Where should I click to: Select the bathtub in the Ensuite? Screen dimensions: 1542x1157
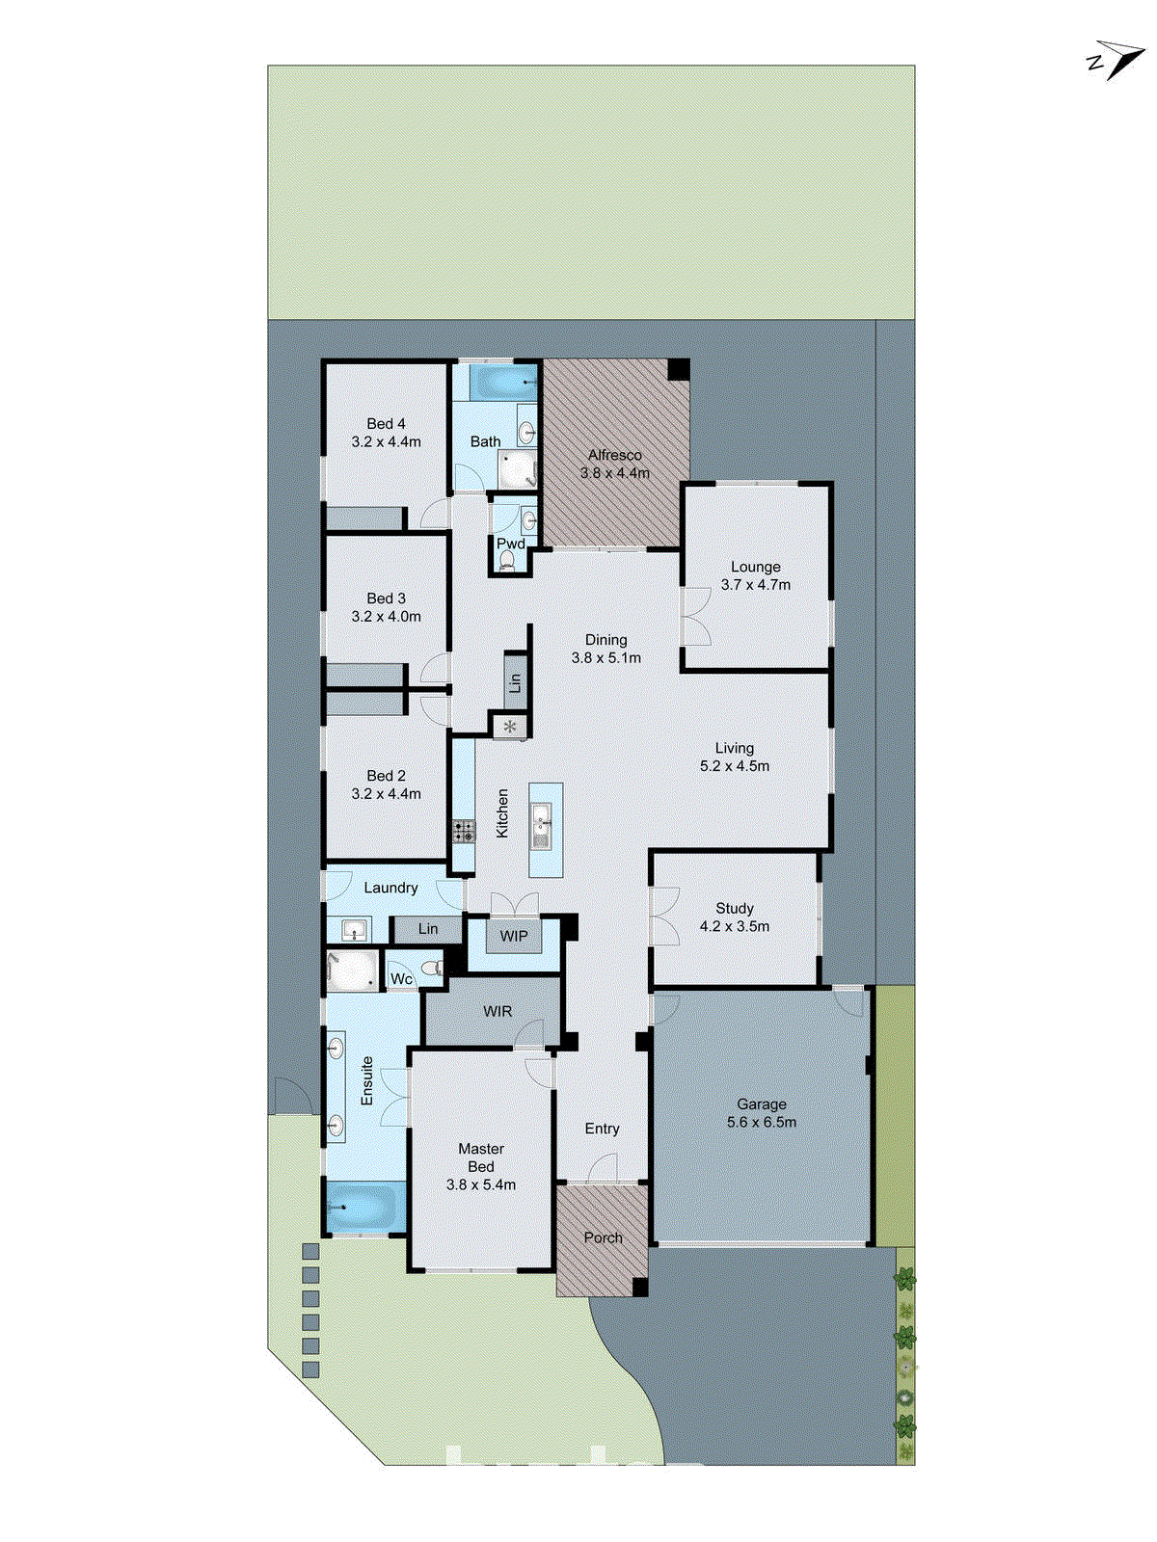pyautogui.click(x=363, y=1207)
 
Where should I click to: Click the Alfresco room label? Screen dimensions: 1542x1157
pyautogui.click(x=615, y=455)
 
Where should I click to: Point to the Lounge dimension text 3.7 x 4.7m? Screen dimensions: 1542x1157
pyautogui.click(x=756, y=585)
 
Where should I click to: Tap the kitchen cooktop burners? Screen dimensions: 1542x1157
pyautogui.click(x=464, y=831)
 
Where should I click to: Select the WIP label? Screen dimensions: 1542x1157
pyautogui.click(x=514, y=936)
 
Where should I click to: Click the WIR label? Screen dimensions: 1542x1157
pyautogui.click(x=498, y=1011)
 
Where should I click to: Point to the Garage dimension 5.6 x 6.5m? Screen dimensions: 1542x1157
pyautogui.click(x=762, y=1122)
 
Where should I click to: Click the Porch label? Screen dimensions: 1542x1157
pyautogui.click(x=604, y=1237)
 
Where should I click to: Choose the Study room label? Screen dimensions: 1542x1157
pyautogui.click(x=735, y=908)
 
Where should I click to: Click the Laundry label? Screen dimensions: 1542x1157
pyautogui.click(x=390, y=888)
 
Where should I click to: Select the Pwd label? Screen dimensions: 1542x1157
pyautogui.click(x=511, y=544)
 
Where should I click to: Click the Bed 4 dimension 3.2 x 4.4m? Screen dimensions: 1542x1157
pyautogui.click(x=386, y=441)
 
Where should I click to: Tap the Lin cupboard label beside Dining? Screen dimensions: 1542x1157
pyautogui.click(x=515, y=682)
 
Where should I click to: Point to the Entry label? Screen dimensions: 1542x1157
pyautogui.click(x=603, y=1129)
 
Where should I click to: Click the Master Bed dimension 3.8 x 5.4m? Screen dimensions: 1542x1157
pyautogui.click(x=481, y=1184)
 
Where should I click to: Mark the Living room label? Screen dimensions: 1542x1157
pyautogui.click(x=735, y=748)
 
